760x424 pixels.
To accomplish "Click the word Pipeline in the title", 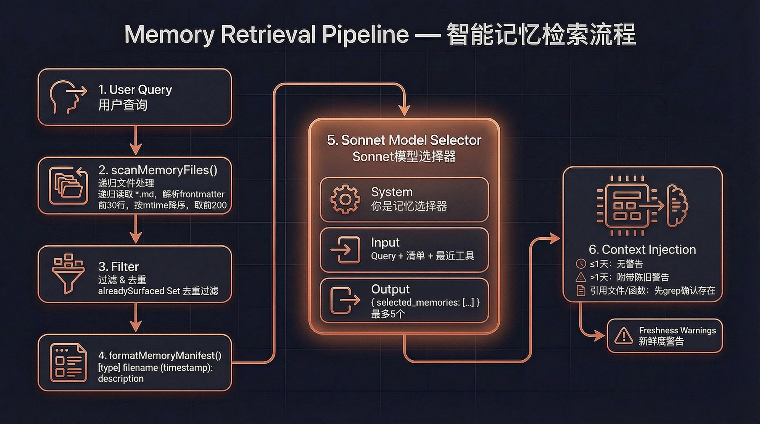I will [365, 35].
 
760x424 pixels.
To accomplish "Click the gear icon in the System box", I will [345, 199].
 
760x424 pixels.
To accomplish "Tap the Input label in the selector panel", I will [385, 242].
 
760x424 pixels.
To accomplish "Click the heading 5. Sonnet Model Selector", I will [404, 140].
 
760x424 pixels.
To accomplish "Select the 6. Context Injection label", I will [642, 250].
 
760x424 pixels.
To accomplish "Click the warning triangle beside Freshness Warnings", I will [623, 336].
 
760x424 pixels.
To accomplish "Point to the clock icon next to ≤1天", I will [580, 264].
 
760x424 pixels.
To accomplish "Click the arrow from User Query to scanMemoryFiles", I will [136, 141].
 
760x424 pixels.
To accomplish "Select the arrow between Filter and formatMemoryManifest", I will [136, 318].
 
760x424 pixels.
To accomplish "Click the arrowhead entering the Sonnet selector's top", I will [404, 111].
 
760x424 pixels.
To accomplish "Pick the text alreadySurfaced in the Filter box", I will [131, 291].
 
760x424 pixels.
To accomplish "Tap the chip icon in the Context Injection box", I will [627, 206].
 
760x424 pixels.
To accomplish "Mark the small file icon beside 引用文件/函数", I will [580, 291].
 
